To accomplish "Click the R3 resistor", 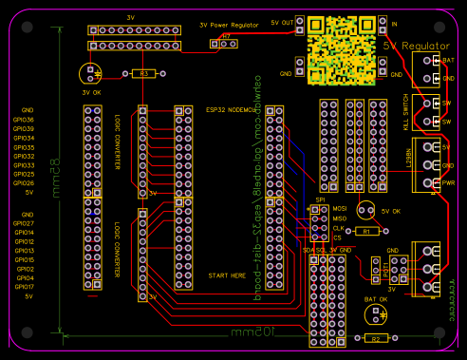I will coord(143,72).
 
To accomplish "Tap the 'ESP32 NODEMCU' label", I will coord(232,110).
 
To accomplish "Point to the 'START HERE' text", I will coord(226,275).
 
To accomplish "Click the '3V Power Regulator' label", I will coord(230,25).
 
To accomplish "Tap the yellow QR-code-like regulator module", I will coord(340,47).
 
